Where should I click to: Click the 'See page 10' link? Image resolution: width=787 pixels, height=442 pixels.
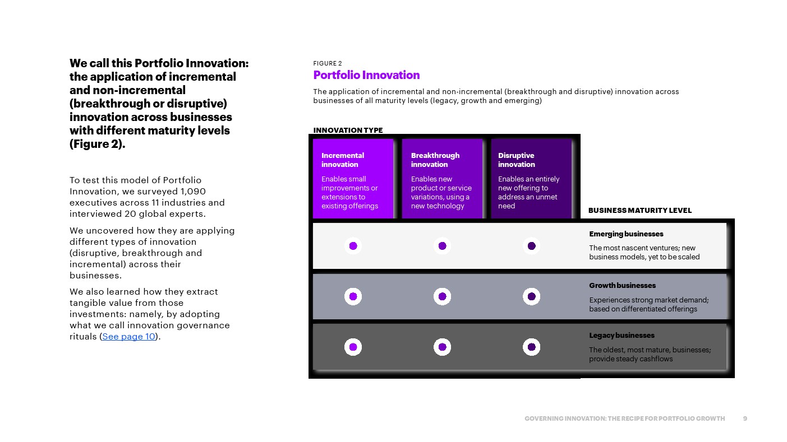pos(128,337)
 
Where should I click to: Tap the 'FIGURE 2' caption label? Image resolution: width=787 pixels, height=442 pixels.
pos(328,63)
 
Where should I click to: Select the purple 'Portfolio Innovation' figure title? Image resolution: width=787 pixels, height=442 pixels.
pos(366,75)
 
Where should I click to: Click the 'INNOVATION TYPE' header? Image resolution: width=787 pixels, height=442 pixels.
pos(348,130)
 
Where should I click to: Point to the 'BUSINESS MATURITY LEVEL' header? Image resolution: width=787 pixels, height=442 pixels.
pos(640,211)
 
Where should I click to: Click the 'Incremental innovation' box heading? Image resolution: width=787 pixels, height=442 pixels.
pos(343,160)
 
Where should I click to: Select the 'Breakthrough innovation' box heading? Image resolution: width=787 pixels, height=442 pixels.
pos(435,160)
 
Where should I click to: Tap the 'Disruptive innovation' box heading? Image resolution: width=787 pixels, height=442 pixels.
pos(516,160)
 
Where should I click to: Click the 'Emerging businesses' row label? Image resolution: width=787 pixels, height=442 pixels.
pos(626,234)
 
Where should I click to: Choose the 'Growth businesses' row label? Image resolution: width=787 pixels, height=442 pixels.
pos(622,286)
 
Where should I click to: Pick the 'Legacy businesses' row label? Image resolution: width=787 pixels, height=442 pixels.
pos(622,336)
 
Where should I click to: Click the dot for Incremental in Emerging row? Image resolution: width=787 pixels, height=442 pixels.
pos(353,246)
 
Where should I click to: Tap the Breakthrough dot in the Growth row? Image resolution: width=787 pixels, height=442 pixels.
pos(443,296)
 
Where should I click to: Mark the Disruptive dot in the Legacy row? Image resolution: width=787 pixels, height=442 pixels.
pos(532,347)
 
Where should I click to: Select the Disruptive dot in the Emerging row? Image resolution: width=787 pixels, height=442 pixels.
pos(532,246)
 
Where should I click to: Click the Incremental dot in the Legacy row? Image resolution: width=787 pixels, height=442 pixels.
pos(353,347)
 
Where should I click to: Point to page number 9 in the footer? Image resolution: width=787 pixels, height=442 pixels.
pos(745,418)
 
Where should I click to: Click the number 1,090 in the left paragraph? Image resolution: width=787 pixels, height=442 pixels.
pos(193,192)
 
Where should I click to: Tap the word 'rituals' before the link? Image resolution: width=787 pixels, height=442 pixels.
pos(83,337)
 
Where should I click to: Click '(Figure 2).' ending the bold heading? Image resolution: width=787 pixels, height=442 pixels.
pos(97,144)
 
